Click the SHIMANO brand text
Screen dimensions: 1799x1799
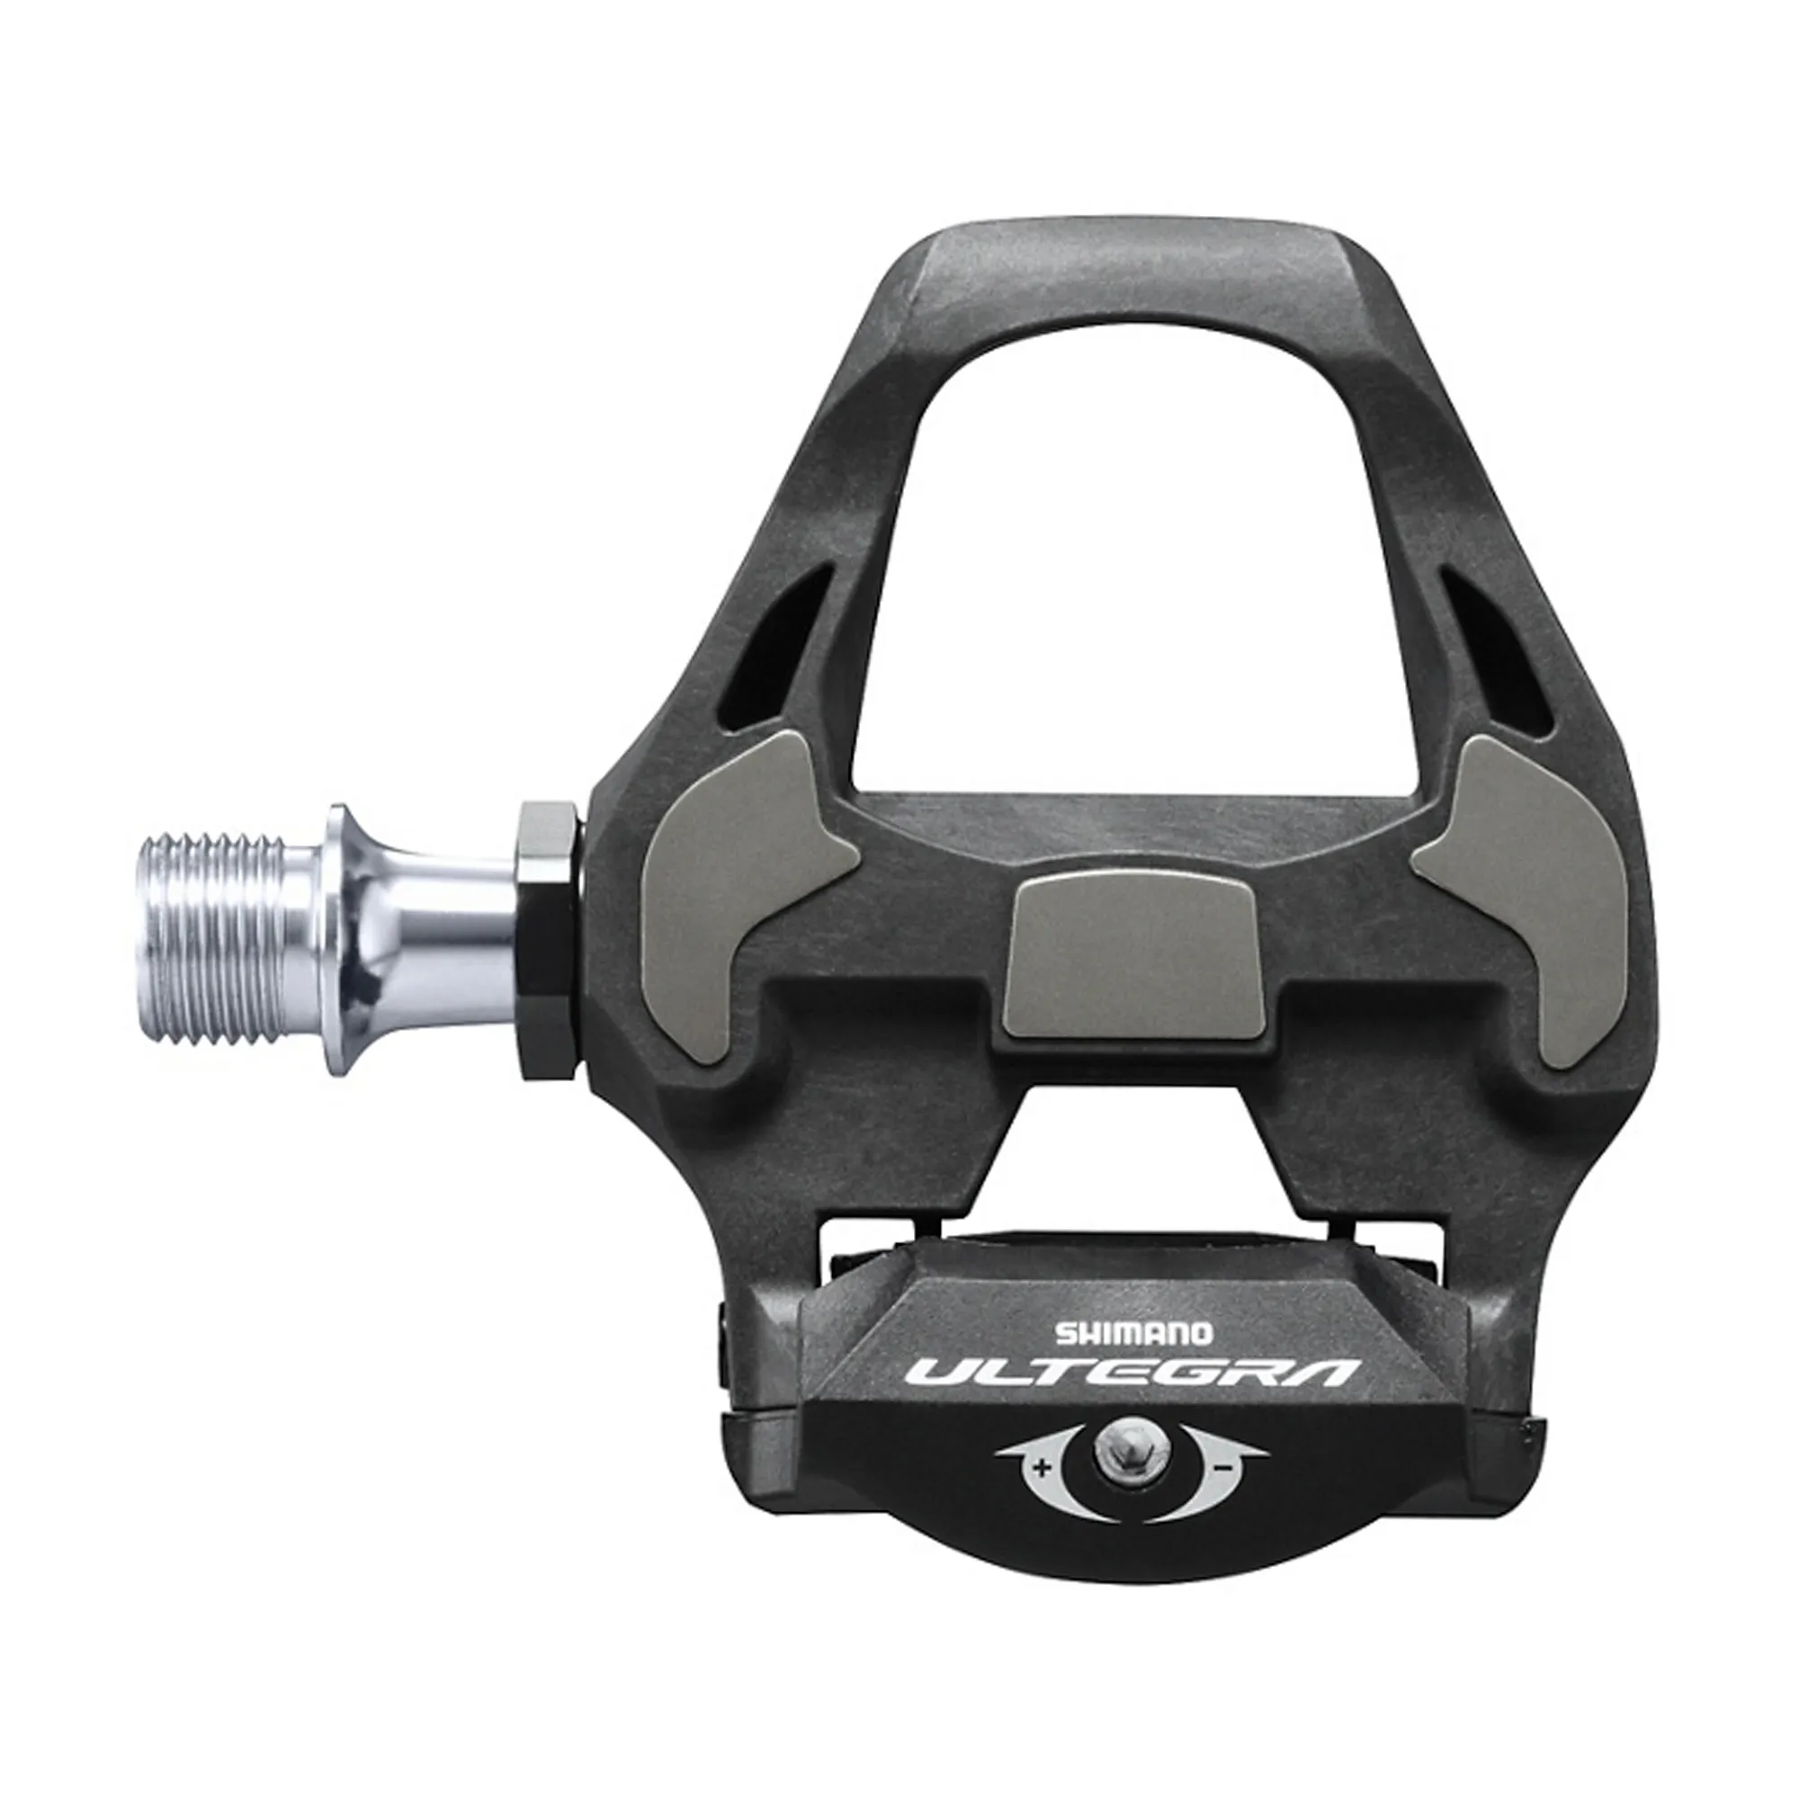click(x=1132, y=1333)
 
